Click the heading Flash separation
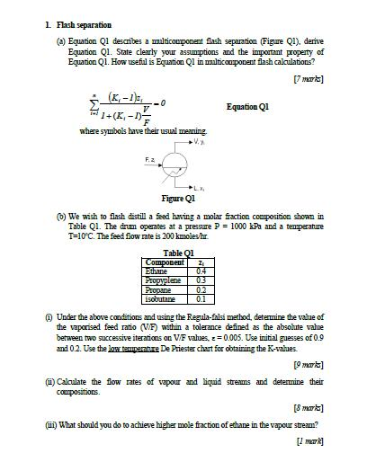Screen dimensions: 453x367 [x=83, y=24]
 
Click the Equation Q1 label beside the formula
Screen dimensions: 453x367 [x=247, y=106]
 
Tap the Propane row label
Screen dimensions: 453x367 [x=158, y=289]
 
